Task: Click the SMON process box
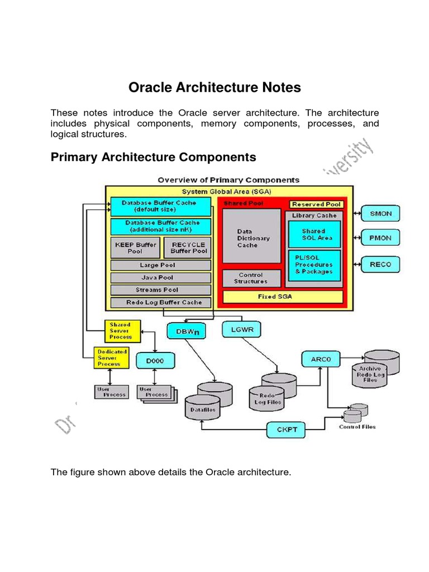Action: (x=381, y=213)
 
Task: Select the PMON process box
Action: (x=381, y=238)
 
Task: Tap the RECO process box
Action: (x=381, y=264)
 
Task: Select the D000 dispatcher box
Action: (x=155, y=361)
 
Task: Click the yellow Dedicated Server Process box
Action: (x=112, y=358)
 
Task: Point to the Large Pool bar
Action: (x=161, y=265)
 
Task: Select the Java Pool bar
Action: (x=161, y=278)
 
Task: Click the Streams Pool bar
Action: (x=161, y=290)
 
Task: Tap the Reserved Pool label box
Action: (x=316, y=204)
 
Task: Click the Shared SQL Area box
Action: (x=314, y=235)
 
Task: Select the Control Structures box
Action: (x=251, y=278)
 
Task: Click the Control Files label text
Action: (x=357, y=427)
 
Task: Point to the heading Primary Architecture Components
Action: (x=154, y=157)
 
